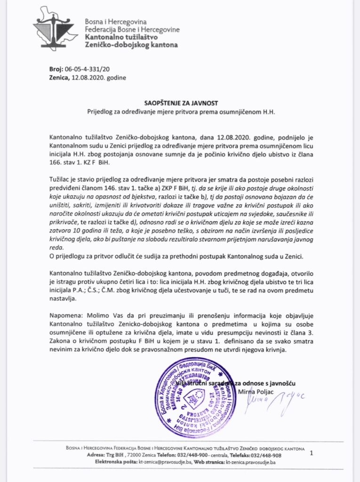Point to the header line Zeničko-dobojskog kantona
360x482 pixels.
click(131, 45)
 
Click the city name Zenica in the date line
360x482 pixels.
click(59, 77)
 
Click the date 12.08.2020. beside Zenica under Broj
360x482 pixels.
click(86, 77)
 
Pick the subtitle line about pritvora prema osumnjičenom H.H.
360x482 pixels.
click(180, 112)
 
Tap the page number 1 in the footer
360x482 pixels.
click(311, 453)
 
